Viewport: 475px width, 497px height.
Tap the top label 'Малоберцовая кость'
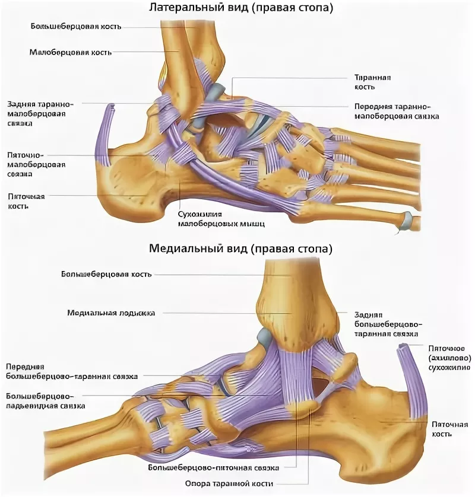click(x=70, y=52)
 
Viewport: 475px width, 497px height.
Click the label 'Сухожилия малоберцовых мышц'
click(x=221, y=218)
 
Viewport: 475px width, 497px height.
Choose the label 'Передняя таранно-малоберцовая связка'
click(x=396, y=111)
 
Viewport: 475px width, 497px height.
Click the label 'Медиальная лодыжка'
click(x=111, y=313)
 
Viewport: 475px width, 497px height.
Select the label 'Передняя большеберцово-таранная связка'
click(x=71, y=371)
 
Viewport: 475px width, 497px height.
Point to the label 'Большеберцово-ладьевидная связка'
click(x=45, y=400)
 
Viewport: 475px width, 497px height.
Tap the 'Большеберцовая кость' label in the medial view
click(x=106, y=275)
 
